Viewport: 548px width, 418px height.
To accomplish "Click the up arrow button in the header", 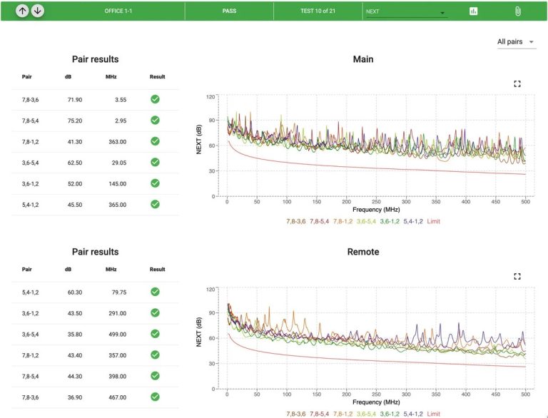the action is click(x=22, y=11).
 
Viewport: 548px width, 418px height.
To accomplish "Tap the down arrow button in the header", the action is click(x=38, y=11).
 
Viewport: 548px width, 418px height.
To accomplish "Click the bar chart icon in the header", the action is click(x=473, y=11).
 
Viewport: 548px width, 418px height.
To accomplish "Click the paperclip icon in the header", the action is click(x=517, y=11).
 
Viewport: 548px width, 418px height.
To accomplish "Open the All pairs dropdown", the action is click(x=516, y=42).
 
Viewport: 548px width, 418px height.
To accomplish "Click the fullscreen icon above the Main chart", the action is click(x=517, y=84).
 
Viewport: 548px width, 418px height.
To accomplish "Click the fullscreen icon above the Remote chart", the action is click(x=517, y=277).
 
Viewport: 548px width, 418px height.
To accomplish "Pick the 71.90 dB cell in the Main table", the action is click(x=75, y=100).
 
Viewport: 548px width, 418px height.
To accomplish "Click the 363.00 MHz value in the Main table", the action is click(x=118, y=142).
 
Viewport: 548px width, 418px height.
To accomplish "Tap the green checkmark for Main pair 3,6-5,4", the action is click(x=155, y=162).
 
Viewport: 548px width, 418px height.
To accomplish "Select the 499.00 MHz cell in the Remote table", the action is click(x=118, y=335).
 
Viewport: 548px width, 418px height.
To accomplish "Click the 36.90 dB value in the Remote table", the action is click(x=75, y=397).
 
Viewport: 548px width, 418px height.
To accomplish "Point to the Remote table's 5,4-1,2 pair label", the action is click(x=31, y=292).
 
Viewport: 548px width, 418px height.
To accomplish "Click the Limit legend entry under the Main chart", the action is click(x=433, y=221).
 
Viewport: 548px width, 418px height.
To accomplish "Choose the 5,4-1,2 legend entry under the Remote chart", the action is click(x=413, y=414).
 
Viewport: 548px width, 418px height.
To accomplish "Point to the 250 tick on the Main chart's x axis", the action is click(x=377, y=202).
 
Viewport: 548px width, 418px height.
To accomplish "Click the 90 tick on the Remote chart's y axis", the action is click(x=210, y=313).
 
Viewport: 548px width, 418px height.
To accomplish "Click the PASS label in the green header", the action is click(x=229, y=11).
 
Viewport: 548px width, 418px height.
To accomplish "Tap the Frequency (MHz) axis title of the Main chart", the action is click(x=376, y=210).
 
